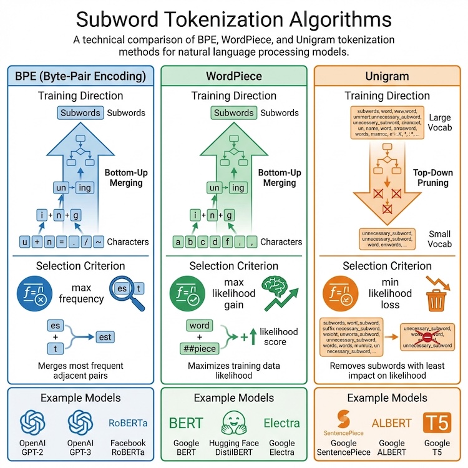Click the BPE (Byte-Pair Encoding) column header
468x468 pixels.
(80, 77)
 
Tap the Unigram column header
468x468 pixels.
(388, 77)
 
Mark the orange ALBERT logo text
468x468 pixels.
(392, 422)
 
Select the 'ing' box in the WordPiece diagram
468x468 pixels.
(238, 187)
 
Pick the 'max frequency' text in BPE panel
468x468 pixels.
(81, 293)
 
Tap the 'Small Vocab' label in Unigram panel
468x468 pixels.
(439, 238)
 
